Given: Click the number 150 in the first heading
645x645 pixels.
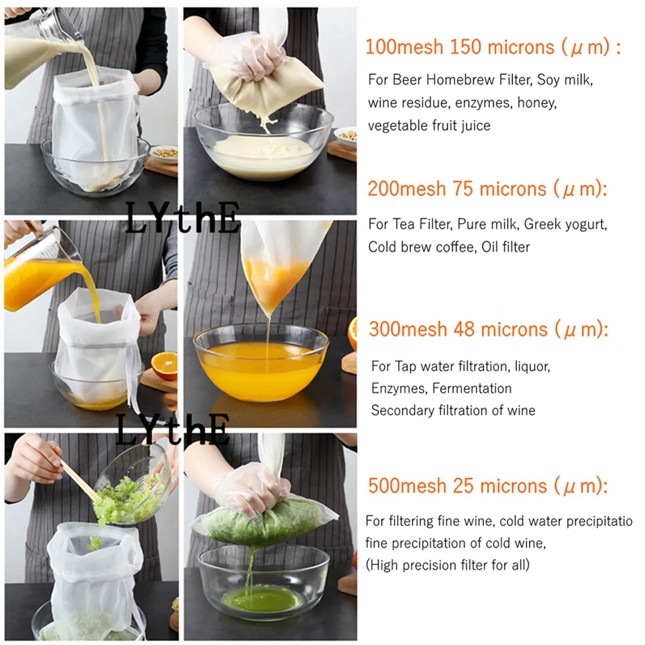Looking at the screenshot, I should [465, 47].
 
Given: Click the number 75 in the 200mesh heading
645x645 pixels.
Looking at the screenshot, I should [463, 189].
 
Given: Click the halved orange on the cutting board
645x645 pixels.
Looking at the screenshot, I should [164, 365].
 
